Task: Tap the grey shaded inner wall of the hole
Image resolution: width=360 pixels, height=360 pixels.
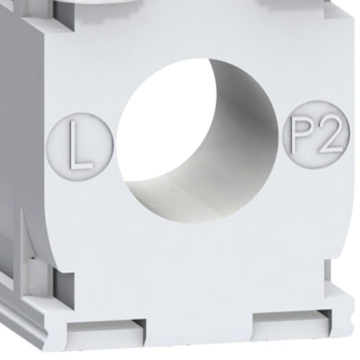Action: click(229, 161)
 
